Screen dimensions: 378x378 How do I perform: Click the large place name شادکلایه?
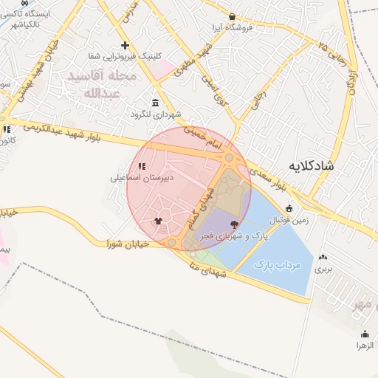[308, 165]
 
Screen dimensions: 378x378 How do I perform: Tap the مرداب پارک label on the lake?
[278, 264]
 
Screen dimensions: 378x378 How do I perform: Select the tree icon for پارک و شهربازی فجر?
[235, 223]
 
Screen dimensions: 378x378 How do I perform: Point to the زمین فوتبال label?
[290, 219]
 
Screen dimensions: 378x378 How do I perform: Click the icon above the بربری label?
[323, 258]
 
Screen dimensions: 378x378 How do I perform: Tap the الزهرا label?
[363, 345]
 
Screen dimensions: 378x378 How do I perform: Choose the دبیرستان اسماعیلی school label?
[142, 178]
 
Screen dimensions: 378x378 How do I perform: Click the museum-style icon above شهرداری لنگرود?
[154, 103]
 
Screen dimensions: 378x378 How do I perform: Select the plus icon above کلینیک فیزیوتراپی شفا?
[125, 45]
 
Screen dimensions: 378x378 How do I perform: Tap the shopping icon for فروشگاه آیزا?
[233, 16]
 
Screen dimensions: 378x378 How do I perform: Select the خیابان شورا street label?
[128, 243]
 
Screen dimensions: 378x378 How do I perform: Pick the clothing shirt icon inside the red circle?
[157, 220]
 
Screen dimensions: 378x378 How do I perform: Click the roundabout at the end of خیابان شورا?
[172, 242]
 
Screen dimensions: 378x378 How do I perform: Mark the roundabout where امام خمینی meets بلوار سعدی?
[230, 158]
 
